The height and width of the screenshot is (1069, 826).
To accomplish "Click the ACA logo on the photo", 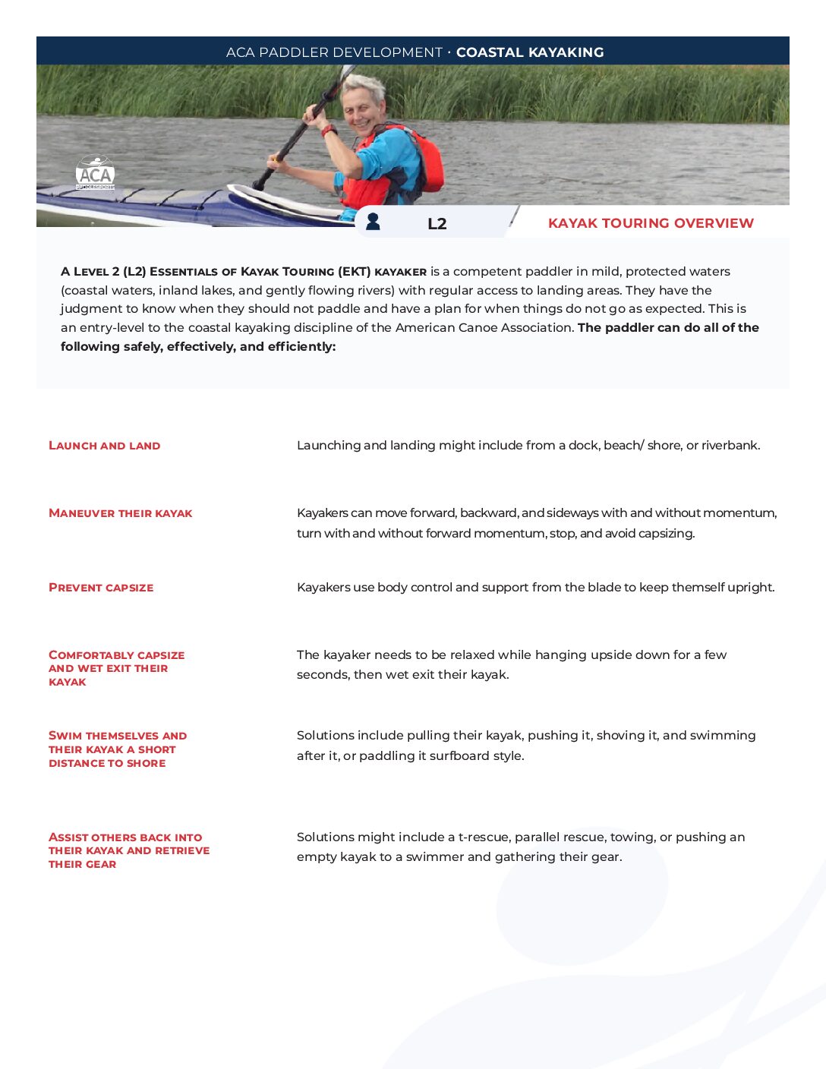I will coord(95,173).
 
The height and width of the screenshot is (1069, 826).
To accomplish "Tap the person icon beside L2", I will coord(373,221).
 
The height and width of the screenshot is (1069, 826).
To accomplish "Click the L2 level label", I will coord(437,223).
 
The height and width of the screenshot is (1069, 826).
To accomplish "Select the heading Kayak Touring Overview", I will coord(651,223).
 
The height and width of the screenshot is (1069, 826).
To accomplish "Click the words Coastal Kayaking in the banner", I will coord(530,52).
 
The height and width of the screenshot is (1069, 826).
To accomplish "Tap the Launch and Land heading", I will coord(105,446).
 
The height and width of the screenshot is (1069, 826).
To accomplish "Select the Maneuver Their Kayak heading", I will coord(121,513).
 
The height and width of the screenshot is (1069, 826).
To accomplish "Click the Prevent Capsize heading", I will coord(101,588).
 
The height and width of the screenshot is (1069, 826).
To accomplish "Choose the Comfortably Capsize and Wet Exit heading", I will coord(116,668).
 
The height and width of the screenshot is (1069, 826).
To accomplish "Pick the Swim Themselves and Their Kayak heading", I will coord(117,749).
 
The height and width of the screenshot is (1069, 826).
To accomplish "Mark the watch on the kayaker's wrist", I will coord(329,131).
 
